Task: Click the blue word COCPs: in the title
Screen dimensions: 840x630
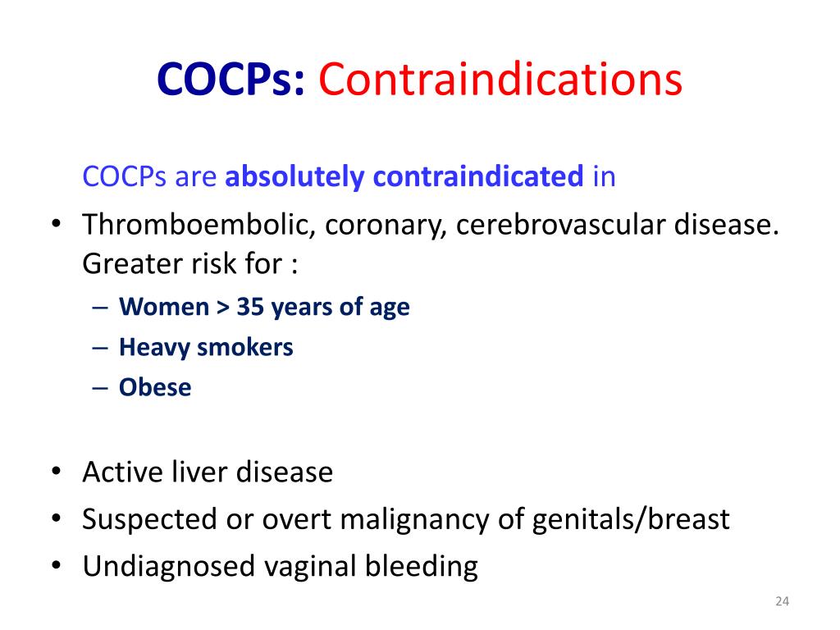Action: click(x=231, y=80)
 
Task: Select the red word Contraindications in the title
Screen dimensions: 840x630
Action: click(x=500, y=80)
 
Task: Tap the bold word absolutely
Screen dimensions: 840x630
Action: click(x=294, y=177)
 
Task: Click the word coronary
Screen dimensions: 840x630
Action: click(x=386, y=226)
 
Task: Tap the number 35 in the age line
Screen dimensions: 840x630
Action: click(x=250, y=307)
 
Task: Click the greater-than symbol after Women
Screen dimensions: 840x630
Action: click(x=223, y=308)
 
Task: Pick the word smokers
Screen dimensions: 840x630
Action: click(x=244, y=347)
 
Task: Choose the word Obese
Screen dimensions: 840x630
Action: click(x=155, y=387)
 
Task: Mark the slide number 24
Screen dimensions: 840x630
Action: click(x=782, y=601)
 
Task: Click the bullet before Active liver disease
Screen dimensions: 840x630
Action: click(x=57, y=472)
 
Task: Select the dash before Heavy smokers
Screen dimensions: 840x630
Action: click(x=100, y=348)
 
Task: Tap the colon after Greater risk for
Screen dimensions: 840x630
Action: click(x=294, y=265)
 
